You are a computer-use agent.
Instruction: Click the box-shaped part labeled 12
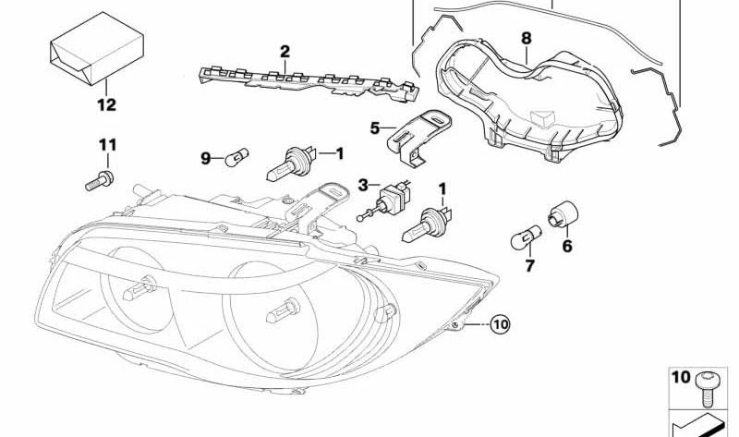tap(97, 49)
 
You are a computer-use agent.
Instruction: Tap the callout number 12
tap(106, 104)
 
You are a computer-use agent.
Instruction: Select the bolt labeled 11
tap(100, 180)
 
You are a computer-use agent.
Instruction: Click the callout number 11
tap(107, 145)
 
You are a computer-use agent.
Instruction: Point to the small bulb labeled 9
tap(236, 157)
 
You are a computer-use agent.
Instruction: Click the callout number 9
tap(205, 158)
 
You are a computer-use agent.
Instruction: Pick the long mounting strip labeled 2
tap(309, 83)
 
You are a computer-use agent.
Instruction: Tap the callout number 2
tap(285, 52)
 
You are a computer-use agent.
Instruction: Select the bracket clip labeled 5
tap(418, 137)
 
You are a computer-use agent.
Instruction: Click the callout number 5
tap(375, 127)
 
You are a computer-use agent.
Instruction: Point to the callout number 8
tap(527, 38)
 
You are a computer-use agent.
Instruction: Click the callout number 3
tap(362, 186)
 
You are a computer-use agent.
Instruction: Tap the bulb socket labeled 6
tap(563, 214)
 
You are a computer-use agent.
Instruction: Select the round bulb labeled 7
tap(526, 237)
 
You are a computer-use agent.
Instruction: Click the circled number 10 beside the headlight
tap(500, 324)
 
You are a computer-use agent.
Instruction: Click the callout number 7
tap(529, 266)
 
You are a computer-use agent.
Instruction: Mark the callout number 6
tap(567, 246)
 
